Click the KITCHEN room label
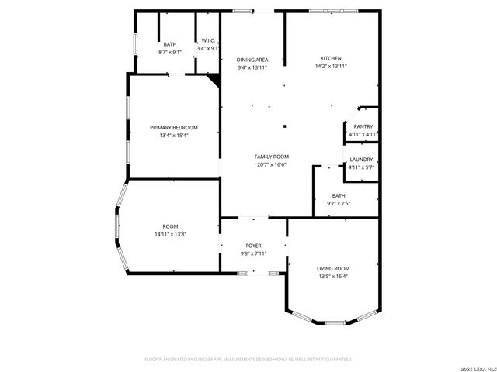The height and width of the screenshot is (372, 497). pyautogui.click(x=332, y=58)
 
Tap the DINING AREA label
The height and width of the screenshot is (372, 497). pyautogui.click(x=252, y=60)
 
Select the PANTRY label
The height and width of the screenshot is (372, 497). pyautogui.click(x=363, y=126)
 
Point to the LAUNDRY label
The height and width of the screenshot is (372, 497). pyautogui.click(x=361, y=159)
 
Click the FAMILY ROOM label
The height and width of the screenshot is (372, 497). pyautogui.click(x=272, y=157)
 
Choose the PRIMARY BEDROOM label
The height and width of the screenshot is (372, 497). pyautogui.click(x=174, y=127)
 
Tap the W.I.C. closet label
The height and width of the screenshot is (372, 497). pyautogui.click(x=208, y=40)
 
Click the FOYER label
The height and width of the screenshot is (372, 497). pyautogui.click(x=253, y=245)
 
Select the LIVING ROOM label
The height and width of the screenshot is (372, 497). pyautogui.click(x=332, y=268)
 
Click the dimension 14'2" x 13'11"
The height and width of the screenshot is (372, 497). pyautogui.click(x=332, y=67)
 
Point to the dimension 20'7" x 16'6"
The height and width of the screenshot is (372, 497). pyautogui.click(x=272, y=165)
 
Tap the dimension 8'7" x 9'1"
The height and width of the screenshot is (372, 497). pyautogui.click(x=169, y=52)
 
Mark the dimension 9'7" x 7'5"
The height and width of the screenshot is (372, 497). pyautogui.click(x=339, y=203)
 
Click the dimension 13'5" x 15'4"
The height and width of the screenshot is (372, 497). pyautogui.click(x=332, y=277)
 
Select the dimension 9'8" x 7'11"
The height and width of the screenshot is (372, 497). pyautogui.click(x=253, y=253)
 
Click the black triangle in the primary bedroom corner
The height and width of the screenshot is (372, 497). pyautogui.click(x=215, y=78)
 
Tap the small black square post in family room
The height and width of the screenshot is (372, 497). pyautogui.click(x=285, y=126)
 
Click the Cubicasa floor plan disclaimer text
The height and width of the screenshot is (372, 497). pyautogui.click(x=248, y=359)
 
